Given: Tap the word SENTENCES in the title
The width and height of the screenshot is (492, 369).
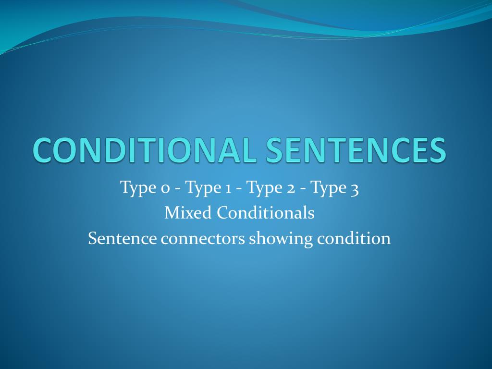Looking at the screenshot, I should click(x=356, y=150).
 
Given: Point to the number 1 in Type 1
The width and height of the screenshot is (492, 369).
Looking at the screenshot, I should click(x=225, y=188).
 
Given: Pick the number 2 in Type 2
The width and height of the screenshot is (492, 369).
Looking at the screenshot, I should click(x=291, y=188).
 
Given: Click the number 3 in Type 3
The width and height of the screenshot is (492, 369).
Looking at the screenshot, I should click(x=354, y=188).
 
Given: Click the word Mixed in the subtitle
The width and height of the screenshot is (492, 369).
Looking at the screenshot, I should click(x=188, y=213).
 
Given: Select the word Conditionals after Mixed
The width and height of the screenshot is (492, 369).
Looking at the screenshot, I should click(x=265, y=213).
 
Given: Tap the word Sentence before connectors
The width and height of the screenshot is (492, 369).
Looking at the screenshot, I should click(x=123, y=238).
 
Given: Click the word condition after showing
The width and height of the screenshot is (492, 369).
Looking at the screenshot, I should click(x=354, y=238).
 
